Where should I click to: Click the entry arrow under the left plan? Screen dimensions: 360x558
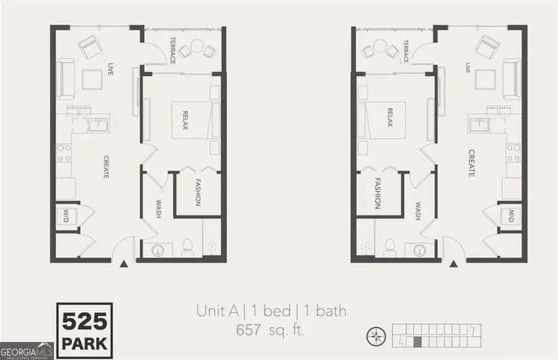tap(124, 265)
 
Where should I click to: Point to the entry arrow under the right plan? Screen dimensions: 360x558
tap(453, 265)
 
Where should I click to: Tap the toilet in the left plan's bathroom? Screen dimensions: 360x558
tap(187, 248)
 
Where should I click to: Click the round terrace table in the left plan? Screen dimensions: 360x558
tap(197, 46)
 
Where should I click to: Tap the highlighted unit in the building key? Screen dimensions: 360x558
tap(418, 341)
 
